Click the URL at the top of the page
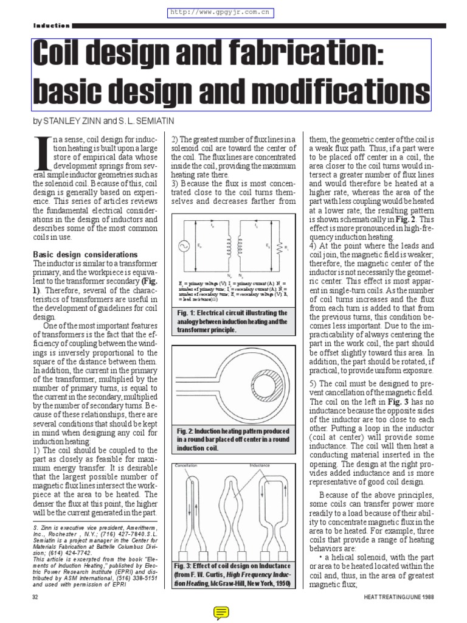point(218,12)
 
